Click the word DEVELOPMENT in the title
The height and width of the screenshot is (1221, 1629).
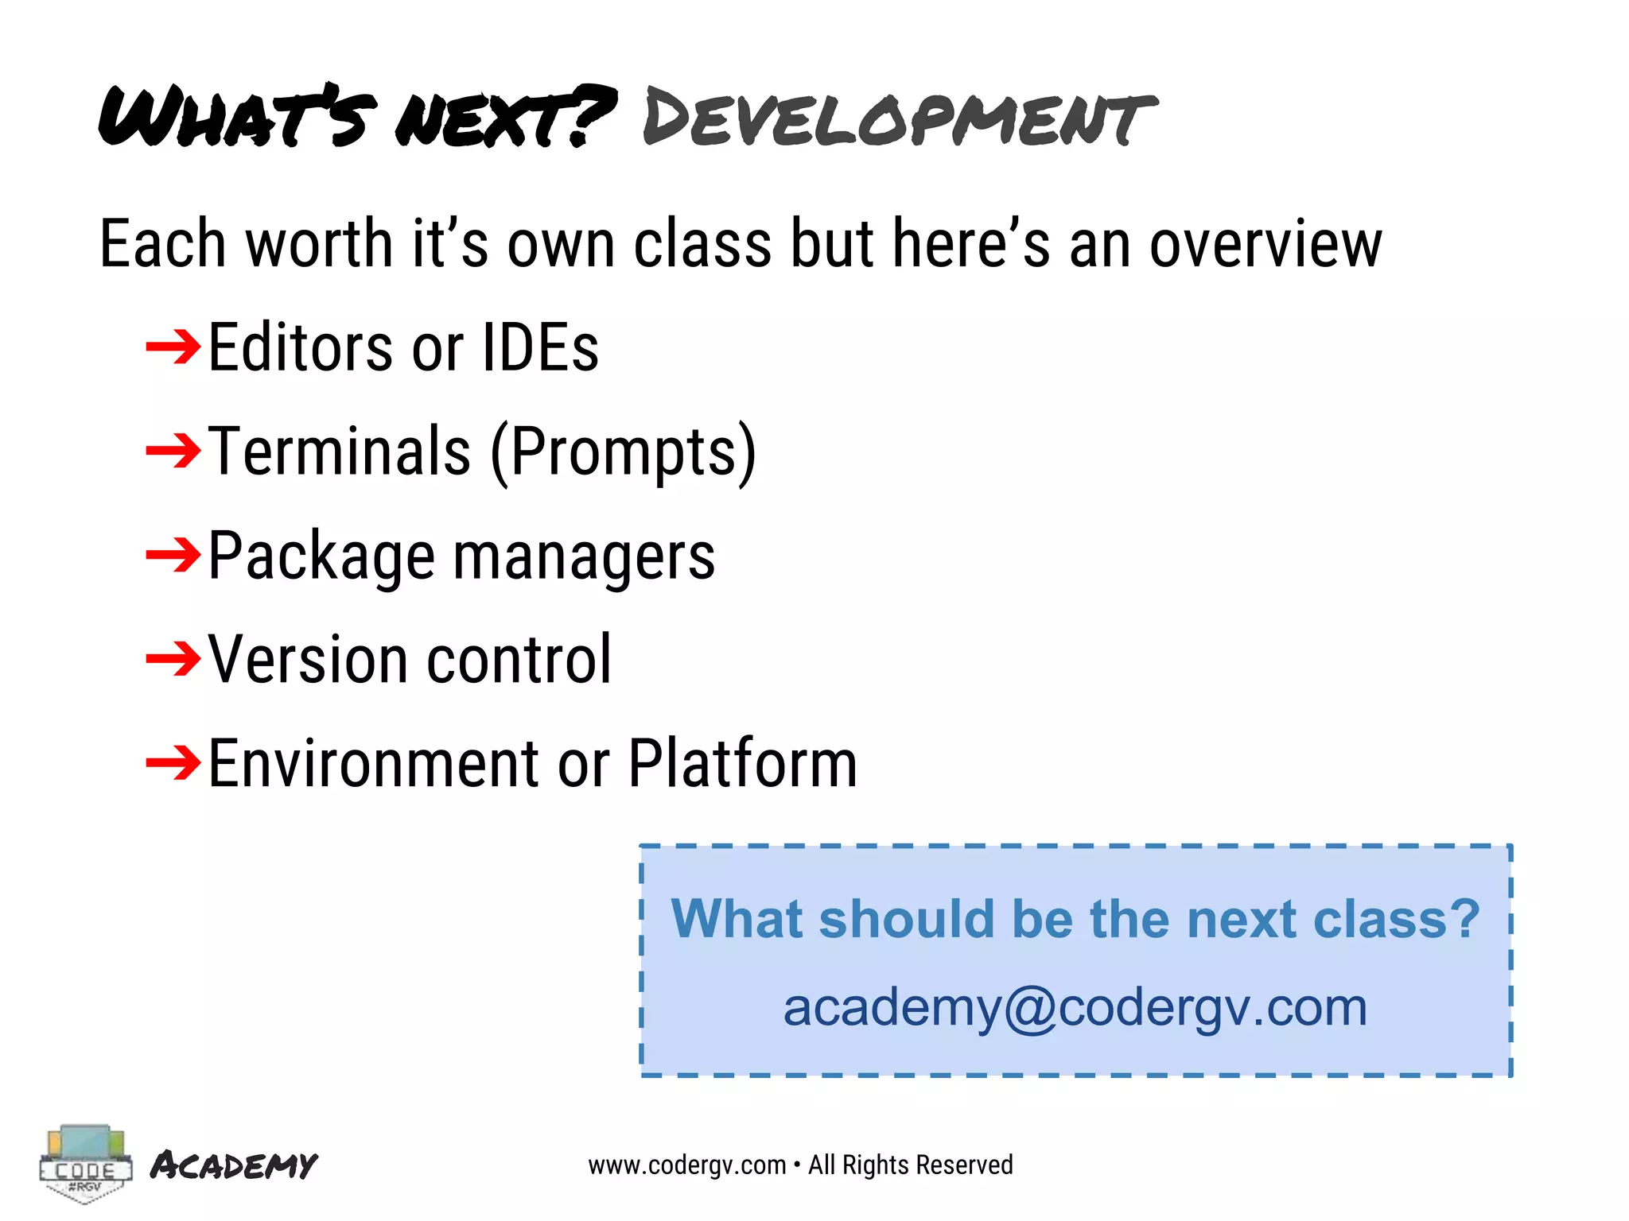899,118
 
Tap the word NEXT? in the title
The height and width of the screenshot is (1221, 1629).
506,118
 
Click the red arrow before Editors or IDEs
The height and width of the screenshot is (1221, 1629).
173,347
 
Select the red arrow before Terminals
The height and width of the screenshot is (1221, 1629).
173,451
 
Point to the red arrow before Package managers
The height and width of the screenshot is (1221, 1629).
173,555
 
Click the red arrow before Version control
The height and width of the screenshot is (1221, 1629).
173,659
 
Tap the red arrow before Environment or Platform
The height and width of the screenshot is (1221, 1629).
173,763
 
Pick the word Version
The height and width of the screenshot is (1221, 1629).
309,660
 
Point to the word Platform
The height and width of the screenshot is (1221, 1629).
743,763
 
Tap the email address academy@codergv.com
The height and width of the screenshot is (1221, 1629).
1075,1007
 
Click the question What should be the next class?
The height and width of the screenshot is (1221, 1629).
1075,919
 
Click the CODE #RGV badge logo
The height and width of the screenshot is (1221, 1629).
84,1164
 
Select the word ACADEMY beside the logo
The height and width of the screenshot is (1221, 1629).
234,1165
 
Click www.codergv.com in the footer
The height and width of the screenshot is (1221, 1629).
687,1165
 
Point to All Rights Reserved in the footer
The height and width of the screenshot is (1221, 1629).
911,1165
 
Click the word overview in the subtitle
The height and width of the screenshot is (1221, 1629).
1265,244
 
